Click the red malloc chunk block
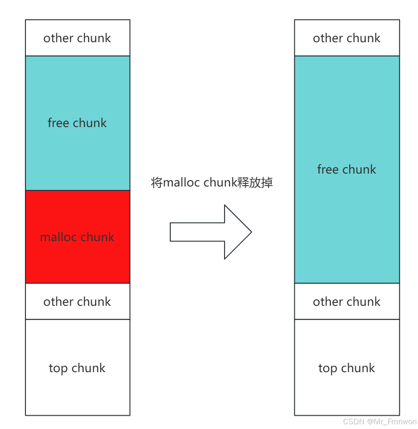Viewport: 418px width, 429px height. pyautogui.click(x=78, y=236)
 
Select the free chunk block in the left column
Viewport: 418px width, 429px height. pyautogui.click(x=78, y=123)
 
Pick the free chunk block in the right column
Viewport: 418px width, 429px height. pyautogui.click(x=347, y=169)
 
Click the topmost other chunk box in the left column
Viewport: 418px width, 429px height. pyautogui.click(x=78, y=38)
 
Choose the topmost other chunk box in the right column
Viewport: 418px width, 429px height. pyautogui.click(x=347, y=38)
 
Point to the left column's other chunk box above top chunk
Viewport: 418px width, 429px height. pyautogui.click(x=78, y=302)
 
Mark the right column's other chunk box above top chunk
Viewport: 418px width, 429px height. pyautogui.click(x=347, y=302)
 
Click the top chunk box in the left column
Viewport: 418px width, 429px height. pyautogui.click(x=78, y=367)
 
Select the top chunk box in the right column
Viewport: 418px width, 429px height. pyautogui.click(x=347, y=367)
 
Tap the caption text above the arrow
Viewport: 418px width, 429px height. pyautogui.click(x=212, y=183)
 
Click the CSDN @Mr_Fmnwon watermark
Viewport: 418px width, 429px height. pyautogui.click(x=380, y=421)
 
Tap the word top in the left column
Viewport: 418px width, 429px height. pyautogui.click(x=58, y=368)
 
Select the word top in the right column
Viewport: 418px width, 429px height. pyautogui.click(x=328, y=368)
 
